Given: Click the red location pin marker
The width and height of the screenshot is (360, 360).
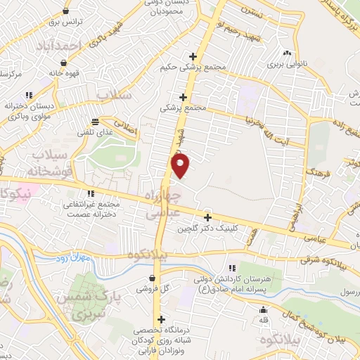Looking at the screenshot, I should (181, 167).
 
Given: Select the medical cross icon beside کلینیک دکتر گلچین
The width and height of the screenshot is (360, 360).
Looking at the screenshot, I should (207, 217).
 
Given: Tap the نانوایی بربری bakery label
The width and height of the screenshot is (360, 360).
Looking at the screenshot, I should (286, 63).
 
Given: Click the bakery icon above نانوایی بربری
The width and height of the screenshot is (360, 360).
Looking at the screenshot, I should (286, 52).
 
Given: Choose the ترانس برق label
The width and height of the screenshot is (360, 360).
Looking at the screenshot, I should (66, 22).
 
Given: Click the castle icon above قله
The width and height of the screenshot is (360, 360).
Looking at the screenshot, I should (264, 310).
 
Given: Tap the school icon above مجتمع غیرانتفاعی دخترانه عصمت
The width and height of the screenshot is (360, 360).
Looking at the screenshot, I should (90, 193).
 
